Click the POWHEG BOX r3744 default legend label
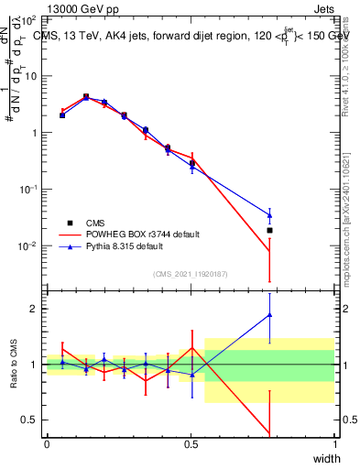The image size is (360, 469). pyautogui.click(x=141, y=234)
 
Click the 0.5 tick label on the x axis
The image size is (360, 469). pyautogui.click(x=191, y=444)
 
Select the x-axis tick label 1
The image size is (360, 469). pyautogui.click(x=334, y=444)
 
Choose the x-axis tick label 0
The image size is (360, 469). pyautogui.click(x=47, y=444)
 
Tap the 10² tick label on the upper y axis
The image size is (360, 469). pyautogui.click(x=30, y=19)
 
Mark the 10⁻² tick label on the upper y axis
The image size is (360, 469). pyautogui.click(x=30, y=245)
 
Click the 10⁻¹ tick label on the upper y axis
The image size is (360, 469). pyautogui.click(x=30, y=189)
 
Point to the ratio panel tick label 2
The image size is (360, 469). pyautogui.click(x=37, y=309)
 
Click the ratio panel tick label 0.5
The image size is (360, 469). pyautogui.click(x=32, y=420)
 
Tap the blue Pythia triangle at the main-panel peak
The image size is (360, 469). pyautogui.click(x=86, y=97)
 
